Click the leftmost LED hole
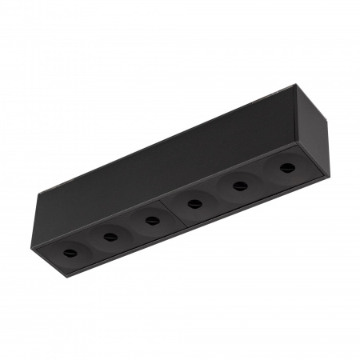point(70,254)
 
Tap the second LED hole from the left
point(110,237)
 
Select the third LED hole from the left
point(152,220)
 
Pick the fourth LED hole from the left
point(194,203)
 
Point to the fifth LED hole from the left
point(238,186)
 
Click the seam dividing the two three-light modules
point(170,211)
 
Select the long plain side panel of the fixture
point(168,160)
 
